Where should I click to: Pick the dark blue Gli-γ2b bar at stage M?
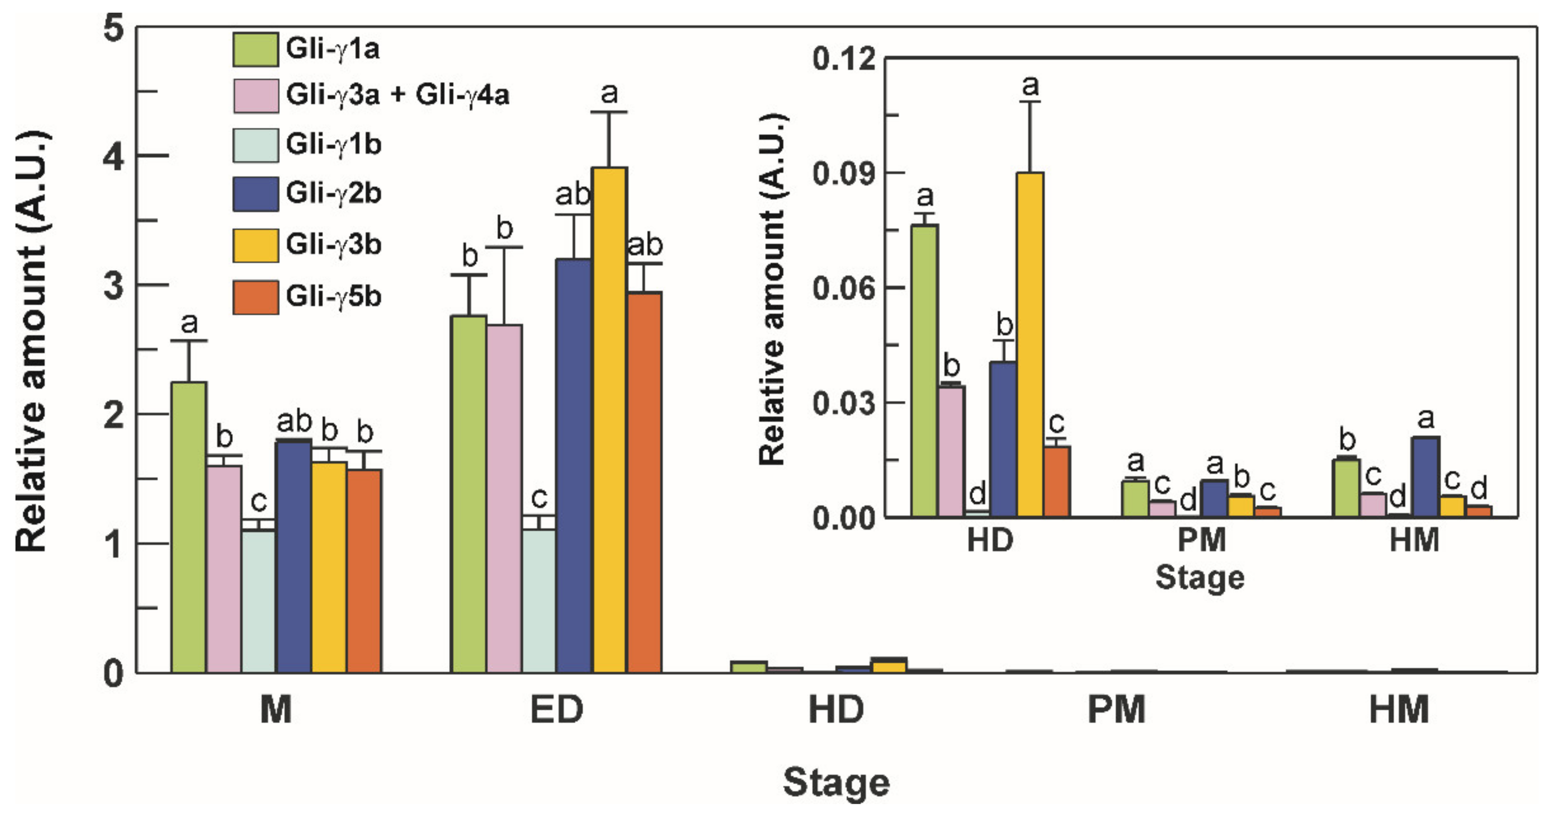(x=293, y=556)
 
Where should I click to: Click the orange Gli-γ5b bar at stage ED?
(x=645, y=482)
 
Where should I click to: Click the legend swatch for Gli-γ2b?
(x=256, y=194)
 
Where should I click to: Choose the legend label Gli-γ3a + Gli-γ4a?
(x=398, y=95)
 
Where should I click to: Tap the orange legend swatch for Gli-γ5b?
(x=256, y=297)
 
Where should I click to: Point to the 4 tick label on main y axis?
(x=113, y=157)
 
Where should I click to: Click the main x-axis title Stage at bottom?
(x=836, y=782)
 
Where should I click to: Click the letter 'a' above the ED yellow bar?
(x=609, y=94)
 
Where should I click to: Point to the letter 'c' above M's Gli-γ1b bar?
(x=259, y=501)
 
